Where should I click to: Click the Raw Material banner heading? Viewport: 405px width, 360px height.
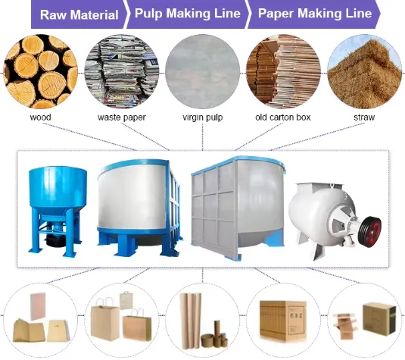(79, 14)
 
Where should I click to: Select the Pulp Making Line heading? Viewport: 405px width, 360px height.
(188, 13)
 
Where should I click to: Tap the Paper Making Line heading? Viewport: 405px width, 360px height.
(315, 13)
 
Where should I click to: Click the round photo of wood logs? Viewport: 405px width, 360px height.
(40, 72)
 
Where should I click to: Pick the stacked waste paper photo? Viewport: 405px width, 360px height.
(122, 72)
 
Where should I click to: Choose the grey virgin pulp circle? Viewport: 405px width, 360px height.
(203, 72)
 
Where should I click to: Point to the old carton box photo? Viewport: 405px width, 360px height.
(283, 72)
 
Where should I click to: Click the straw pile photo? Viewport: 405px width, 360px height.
(364, 72)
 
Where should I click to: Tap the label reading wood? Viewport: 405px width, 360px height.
(40, 117)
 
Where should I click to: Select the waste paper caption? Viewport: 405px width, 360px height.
(122, 117)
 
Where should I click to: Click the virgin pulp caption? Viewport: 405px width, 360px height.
(203, 117)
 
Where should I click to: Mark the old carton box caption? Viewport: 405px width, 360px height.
(283, 117)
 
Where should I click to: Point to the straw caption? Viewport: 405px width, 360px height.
(364, 117)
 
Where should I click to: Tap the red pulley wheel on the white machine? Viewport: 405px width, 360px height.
(371, 229)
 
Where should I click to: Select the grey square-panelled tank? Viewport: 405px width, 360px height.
(238, 208)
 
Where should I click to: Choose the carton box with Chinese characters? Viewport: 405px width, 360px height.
(283, 320)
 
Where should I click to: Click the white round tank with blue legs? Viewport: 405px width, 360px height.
(139, 208)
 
